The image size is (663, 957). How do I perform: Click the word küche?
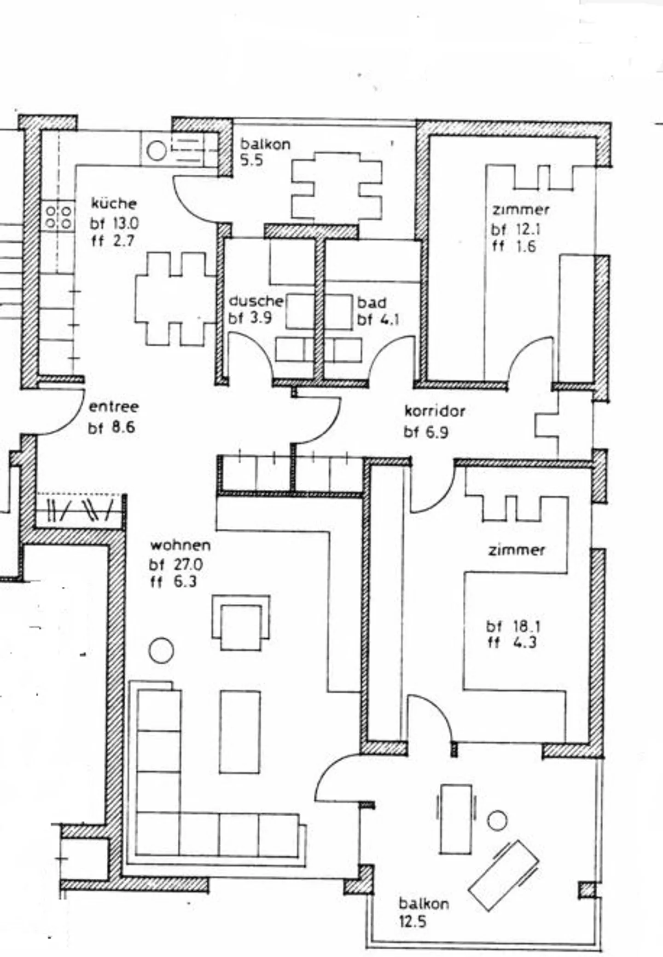pyautogui.click(x=114, y=203)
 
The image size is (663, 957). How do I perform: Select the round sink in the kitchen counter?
pyautogui.click(x=156, y=151)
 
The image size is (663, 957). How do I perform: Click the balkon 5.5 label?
pyautogui.click(x=265, y=152)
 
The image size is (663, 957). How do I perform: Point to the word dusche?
pyautogui.click(x=256, y=301)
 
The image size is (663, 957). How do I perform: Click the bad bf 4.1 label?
pyautogui.click(x=378, y=311)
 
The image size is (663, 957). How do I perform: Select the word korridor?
pyautogui.click(x=435, y=411)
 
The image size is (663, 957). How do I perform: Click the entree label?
pyautogui.click(x=113, y=407)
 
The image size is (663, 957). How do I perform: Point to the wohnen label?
pyautogui.click(x=180, y=545)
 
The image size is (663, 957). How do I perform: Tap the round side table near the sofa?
pyautogui.click(x=161, y=651)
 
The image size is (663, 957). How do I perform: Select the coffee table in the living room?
pyautogui.click(x=239, y=732)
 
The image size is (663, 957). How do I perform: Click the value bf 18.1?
pyautogui.click(x=513, y=626)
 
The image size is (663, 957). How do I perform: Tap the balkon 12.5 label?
pyautogui.click(x=423, y=912)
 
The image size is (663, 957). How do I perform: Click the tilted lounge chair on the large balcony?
pyautogui.click(x=504, y=876)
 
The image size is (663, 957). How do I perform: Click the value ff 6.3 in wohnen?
pyautogui.click(x=173, y=582)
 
